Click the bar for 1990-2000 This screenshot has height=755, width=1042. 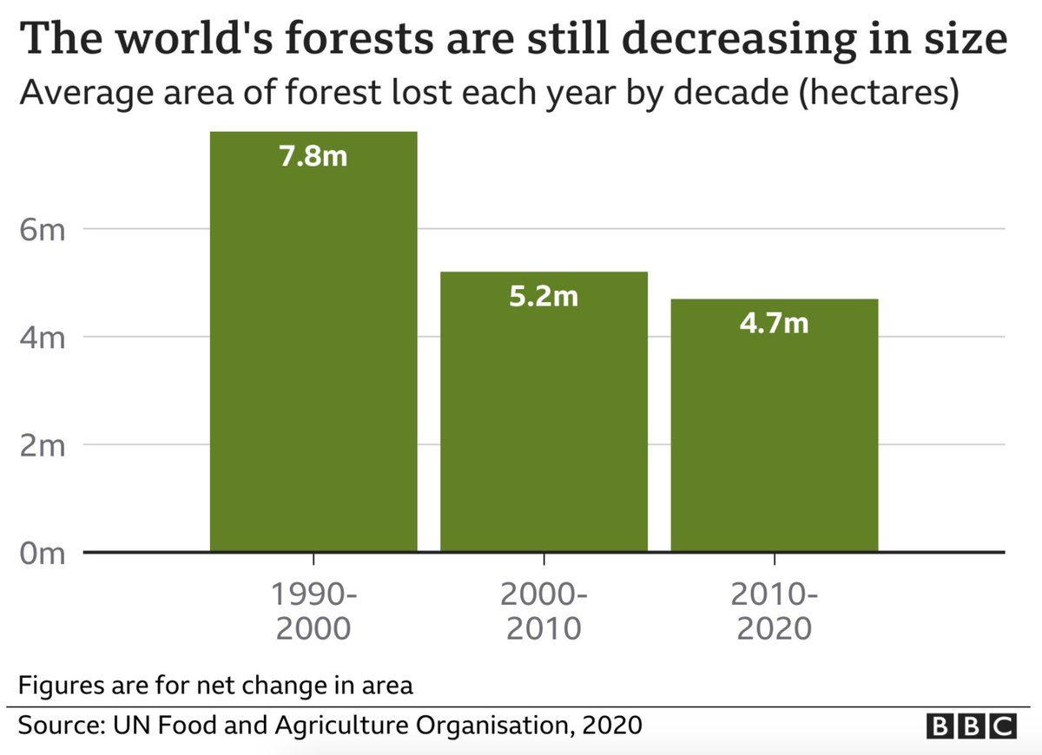[313, 347]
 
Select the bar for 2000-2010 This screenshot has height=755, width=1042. [544, 417]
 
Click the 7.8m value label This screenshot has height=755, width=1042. [313, 158]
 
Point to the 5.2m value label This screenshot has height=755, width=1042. [544, 297]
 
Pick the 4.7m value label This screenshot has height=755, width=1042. [774, 324]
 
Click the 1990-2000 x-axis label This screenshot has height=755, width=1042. [313, 611]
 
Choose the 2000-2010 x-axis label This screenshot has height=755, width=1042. [544, 611]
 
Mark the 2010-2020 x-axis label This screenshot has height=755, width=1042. [774, 611]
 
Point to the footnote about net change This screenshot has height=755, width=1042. [215, 684]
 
